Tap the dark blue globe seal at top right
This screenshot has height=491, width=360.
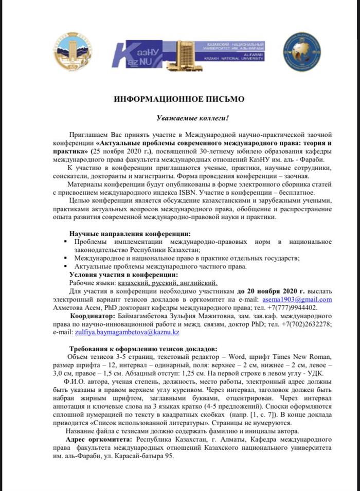pos(302,53)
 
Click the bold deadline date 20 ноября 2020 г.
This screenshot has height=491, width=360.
pos(261,290)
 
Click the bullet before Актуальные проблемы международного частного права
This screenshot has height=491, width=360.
pos(65,267)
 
